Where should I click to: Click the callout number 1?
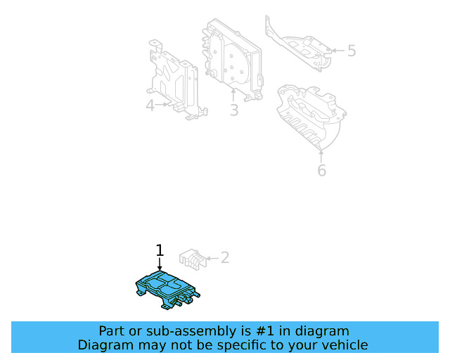click(x=160, y=250)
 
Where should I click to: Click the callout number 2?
click(x=224, y=258)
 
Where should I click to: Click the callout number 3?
click(x=233, y=110)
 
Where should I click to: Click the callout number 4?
click(x=150, y=105)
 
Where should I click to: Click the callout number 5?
click(x=352, y=51)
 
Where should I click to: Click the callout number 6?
click(x=321, y=170)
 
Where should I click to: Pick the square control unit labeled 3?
click(x=232, y=56)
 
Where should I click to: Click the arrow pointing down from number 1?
click(x=160, y=264)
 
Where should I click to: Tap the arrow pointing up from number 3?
click(x=233, y=96)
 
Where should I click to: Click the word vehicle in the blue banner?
click(x=344, y=345)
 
